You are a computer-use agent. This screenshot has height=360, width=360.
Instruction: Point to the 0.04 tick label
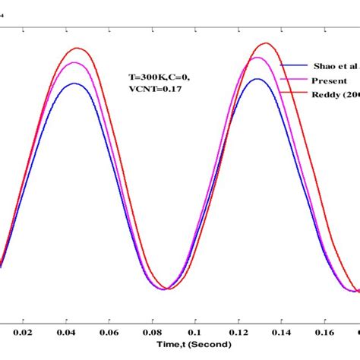tap(66, 332)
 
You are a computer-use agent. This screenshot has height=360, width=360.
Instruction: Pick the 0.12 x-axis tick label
tap(239, 332)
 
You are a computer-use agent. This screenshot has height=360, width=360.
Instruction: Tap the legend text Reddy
tap(334, 94)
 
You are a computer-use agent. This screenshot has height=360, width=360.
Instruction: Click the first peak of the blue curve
tap(74, 84)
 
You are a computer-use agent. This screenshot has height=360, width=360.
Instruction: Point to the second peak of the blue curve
tap(257, 78)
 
